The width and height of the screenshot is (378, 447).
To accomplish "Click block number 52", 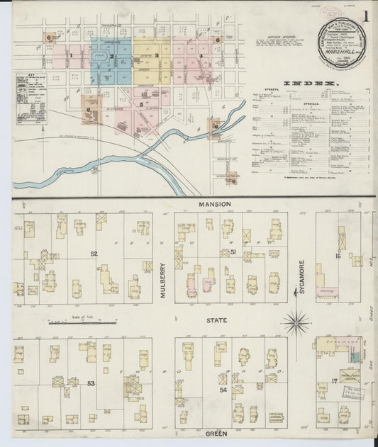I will [94, 253].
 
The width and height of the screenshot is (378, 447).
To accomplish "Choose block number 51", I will [224, 252].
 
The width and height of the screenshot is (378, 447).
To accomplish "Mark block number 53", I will [90, 383].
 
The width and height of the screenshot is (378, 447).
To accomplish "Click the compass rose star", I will [296, 323].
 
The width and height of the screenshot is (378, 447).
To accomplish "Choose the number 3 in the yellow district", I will [156, 55].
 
